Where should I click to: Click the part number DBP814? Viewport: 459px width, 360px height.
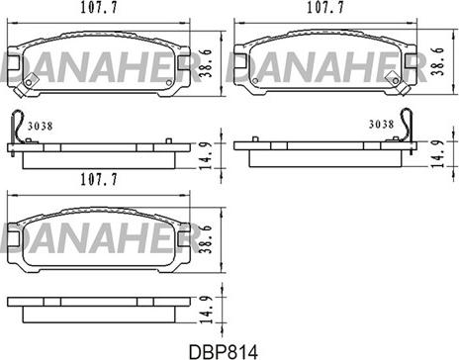tap(224, 351)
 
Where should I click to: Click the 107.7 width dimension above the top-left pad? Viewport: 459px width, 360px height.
tap(99, 8)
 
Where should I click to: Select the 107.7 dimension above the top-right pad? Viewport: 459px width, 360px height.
tap(325, 8)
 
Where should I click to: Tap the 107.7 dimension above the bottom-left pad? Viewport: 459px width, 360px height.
tap(99, 180)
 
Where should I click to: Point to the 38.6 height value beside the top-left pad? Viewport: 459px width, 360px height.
tap(207, 63)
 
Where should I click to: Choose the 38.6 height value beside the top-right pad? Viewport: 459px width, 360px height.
tap(438, 61)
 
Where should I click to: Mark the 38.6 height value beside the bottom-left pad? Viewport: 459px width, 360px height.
tap(206, 239)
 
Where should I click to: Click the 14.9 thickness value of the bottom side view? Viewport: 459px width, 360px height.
tap(207, 310)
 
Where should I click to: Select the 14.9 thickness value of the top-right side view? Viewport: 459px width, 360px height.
tap(438, 154)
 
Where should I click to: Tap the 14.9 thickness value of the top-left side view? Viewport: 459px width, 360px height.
tap(207, 156)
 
